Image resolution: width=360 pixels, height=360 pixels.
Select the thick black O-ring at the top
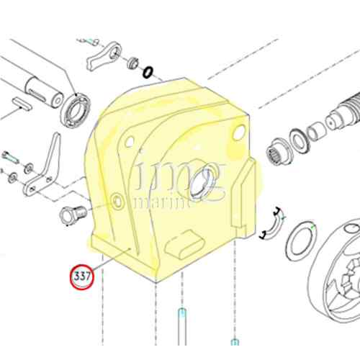148,72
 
